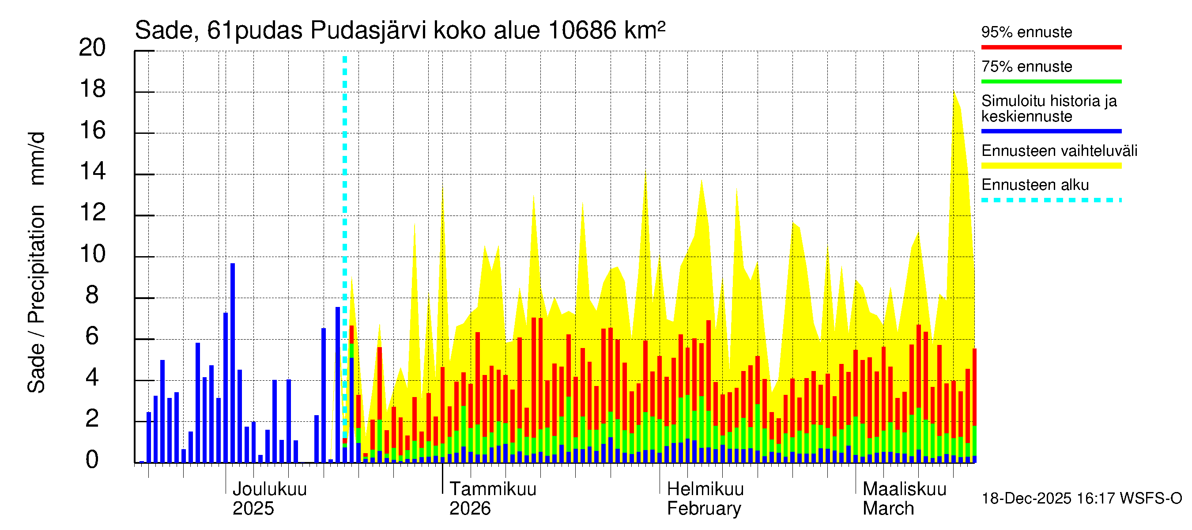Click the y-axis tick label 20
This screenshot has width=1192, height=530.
point(92,48)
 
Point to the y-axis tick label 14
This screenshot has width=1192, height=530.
point(92,172)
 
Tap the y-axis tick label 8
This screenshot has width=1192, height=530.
point(92,295)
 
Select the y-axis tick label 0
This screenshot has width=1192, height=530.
point(92,460)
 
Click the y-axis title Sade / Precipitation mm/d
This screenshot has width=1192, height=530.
point(36,262)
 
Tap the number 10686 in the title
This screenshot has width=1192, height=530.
point(582,31)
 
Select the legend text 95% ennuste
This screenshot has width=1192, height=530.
point(1026,32)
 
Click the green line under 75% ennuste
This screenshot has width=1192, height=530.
point(1051,81)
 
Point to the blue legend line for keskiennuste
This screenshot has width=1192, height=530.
point(1051,131)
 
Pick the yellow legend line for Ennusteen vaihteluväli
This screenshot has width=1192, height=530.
point(1051,166)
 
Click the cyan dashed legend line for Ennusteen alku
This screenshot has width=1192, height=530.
point(1051,200)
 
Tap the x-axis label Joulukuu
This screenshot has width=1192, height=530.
point(269,489)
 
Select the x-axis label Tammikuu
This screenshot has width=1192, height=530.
point(492,489)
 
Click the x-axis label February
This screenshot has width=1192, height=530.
point(703,509)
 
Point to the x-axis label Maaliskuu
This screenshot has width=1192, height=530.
point(904,489)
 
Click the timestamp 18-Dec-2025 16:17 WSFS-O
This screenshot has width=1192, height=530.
point(1081,499)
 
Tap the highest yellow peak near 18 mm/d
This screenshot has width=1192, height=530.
point(954,95)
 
